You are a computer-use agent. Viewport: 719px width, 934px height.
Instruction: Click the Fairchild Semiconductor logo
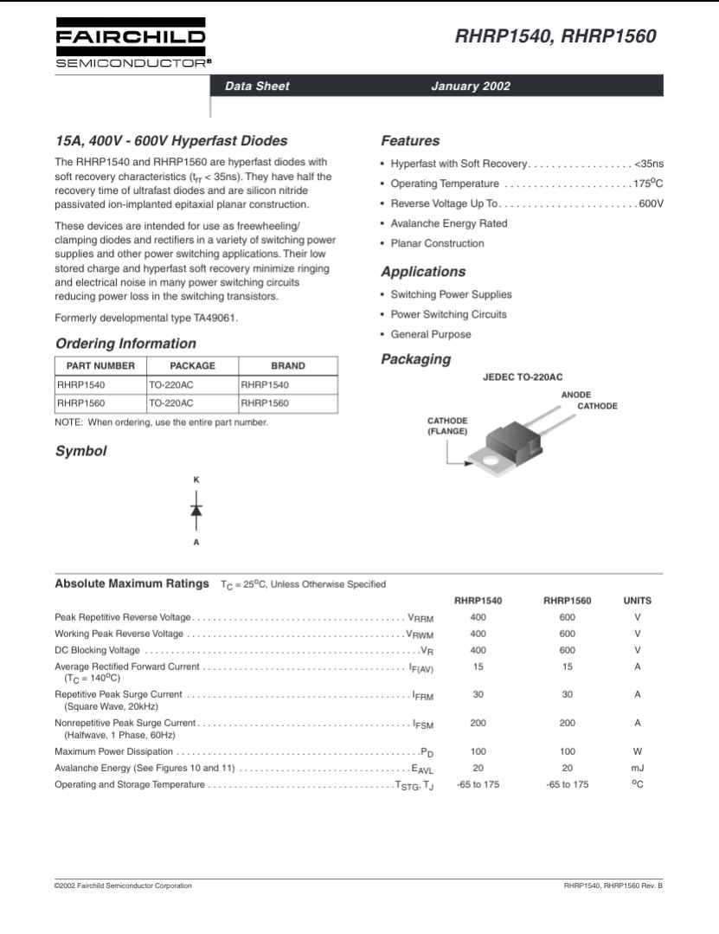[x=131, y=43]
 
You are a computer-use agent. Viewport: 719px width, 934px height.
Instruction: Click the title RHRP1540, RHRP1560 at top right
[x=555, y=36]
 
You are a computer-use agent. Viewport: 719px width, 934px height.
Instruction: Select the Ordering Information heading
[x=125, y=343]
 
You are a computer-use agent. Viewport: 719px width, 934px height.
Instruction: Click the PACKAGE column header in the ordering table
[x=192, y=365]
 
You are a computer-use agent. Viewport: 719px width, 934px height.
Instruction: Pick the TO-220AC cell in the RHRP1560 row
[x=171, y=403]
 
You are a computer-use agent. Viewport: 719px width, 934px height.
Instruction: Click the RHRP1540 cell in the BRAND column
[x=265, y=384]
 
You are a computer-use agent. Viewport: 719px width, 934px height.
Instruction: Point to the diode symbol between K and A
[x=196, y=510]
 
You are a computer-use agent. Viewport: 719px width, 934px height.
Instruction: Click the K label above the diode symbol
[x=196, y=480]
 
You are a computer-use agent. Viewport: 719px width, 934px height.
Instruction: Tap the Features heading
[x=410, y=141]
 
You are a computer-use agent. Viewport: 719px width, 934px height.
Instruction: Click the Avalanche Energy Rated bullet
[x=448, y=223]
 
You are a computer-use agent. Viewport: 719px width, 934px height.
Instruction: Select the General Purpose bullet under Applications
[x=431, y=334]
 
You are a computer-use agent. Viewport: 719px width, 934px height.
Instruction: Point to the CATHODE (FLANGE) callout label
[x=447, y=426]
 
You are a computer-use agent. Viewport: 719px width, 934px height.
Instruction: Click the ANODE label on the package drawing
[x=576, y=395]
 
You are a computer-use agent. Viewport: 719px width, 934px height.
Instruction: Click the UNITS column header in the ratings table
[x=637, y=600]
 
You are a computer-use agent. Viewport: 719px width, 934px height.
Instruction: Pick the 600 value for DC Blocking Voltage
[x=567, y=650]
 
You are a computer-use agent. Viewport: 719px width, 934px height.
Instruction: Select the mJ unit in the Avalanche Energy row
[x=637, y=768]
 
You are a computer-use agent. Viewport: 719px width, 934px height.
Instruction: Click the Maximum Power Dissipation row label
[x=113, y=751]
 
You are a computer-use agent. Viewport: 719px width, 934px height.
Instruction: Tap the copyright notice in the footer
[x=123, y=886]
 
